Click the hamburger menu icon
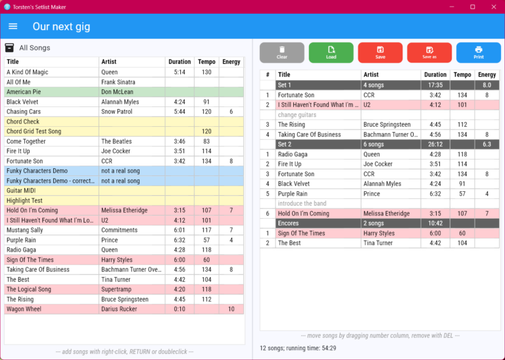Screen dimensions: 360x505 (x=13, y=26)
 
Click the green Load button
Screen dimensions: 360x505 (x=331, y=53)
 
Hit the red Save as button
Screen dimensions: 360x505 (x=429, y=53)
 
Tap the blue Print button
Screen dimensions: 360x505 (x=478, y=53)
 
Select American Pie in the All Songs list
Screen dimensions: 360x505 (x=24, y=92)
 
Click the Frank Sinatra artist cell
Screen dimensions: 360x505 (x=121, y=82)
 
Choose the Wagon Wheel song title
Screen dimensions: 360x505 (x=24, y=309)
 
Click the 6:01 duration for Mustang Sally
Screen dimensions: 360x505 (x=179, y=230)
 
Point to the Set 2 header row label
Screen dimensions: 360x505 (x=285, y=144)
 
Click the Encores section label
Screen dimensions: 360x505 (x=289, y=223)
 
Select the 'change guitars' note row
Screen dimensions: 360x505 (x=297, y=114)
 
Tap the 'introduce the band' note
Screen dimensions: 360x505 (x=302, y=204)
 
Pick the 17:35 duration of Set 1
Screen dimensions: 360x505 (x=435, y=85)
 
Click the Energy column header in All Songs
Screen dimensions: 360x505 (x=231, y=62)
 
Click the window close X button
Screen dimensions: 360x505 (x=491, y=7)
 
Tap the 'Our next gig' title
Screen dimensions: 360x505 (x=61, y=27)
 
